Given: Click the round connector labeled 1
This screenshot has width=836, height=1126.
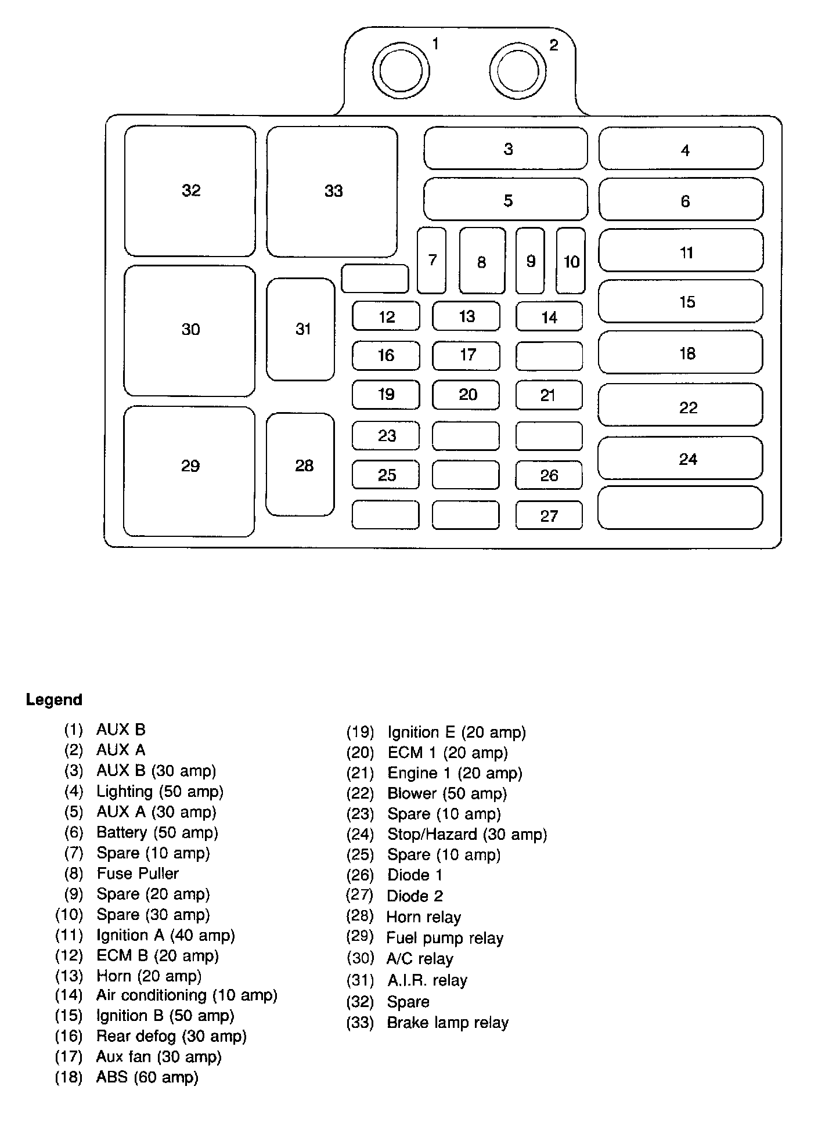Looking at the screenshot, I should click(x=401, y=71).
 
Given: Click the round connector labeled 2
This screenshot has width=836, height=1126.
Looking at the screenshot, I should click(x=518, y=71).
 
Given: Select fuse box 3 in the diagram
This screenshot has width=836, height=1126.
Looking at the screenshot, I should click(x=506, y=149).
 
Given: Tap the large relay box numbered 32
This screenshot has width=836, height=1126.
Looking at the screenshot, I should click(x=190, y=190).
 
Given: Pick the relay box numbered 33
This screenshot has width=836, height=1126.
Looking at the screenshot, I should click(x=332, y=191).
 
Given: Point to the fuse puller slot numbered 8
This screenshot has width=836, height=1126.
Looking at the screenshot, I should click(x=482, y=261).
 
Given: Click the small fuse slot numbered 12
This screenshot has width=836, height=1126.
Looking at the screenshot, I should click(x=386, y=316).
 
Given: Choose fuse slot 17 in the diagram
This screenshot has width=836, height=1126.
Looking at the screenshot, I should click(x=466, y=355).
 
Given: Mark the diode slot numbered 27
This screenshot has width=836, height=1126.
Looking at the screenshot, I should click(x=549, y=515).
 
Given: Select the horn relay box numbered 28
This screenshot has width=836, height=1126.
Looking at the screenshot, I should click(x=301, y=464).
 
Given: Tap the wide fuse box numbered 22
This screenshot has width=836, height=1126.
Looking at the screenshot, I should click(x=680, y=405).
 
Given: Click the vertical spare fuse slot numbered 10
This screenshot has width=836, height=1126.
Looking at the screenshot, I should click(x=571, y=261).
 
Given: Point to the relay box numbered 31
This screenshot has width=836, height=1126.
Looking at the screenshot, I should click(x=301, y=329).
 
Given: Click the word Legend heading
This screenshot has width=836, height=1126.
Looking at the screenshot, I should click(x=54, y=699).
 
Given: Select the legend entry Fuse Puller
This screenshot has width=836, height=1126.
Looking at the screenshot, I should click(x=138, y=873).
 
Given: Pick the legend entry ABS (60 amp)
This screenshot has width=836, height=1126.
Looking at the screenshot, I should click(x=147, y=1077).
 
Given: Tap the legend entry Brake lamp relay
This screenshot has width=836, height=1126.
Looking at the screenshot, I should click(x=447, y=1022).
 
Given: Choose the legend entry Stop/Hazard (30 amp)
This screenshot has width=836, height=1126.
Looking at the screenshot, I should click(x=467, y=834).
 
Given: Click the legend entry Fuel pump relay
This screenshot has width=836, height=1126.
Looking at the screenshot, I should click(x=445, y=938).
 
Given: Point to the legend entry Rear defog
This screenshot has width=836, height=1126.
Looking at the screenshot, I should click(x=171, y=1036).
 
